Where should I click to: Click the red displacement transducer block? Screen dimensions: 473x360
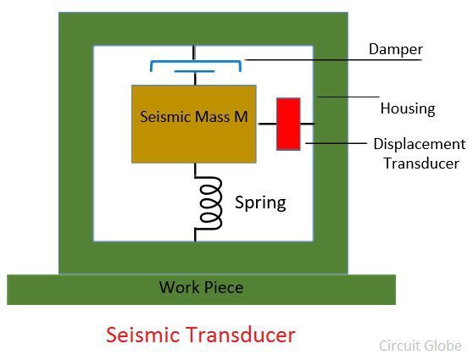click(288, 124)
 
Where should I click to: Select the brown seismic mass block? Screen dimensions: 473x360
click(194, 124)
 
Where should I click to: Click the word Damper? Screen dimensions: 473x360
click(396, 49)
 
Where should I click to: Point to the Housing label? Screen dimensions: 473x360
click(408, 108)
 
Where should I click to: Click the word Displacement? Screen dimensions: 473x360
click(420, 144)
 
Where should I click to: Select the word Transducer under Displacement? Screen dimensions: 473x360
click(421, 163)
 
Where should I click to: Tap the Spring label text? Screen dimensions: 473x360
click(260, 203)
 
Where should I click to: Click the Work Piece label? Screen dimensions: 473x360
click(201, 287)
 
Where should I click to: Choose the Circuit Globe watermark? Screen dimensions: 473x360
click(420, 346)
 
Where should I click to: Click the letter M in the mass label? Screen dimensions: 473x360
click(241, 117)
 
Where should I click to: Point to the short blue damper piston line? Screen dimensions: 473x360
click(194, 71)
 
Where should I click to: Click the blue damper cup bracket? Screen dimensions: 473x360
click(196, 62)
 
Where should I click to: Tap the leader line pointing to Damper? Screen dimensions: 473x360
click(333, 60)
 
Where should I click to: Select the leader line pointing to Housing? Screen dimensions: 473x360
click(348, 97)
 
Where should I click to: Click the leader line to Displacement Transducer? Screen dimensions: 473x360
click(336, 143)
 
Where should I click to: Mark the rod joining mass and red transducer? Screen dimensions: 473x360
click(268, 124)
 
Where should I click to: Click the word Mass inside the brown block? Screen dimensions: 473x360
click(212, 117)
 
